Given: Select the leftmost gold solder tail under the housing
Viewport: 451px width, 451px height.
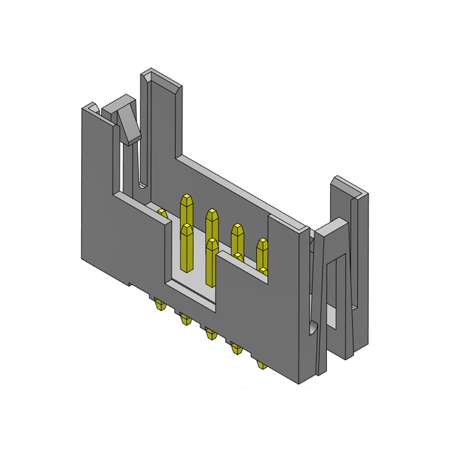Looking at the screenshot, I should click(160, 306).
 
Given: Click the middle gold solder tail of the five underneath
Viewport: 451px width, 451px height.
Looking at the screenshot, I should click(210, 334).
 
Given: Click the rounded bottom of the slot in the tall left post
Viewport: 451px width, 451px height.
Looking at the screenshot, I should click(143, 184).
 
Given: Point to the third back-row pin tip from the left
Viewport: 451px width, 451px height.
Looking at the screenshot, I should click(237, 229).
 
